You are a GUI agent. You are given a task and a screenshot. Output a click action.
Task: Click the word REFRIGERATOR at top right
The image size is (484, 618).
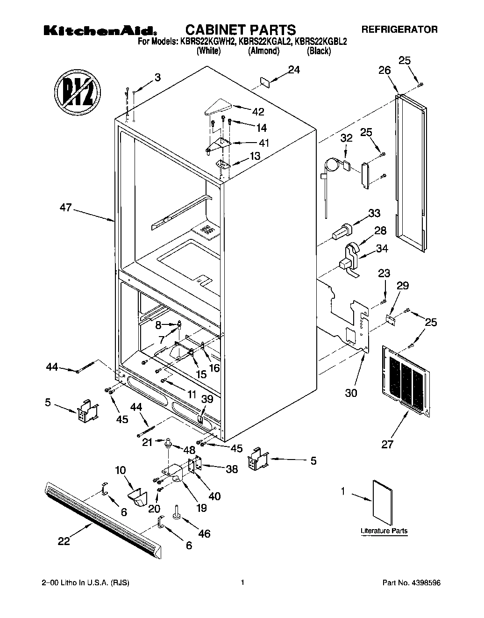coord(399,29)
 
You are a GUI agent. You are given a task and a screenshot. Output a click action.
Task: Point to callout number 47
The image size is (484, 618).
coord(65,207)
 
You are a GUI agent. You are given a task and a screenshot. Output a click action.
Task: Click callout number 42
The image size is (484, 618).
coord(257,112)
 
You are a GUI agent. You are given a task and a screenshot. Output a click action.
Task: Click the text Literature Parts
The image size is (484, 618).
coord(384,531)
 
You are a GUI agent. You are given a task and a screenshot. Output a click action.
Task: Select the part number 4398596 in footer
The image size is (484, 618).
coord(426,583)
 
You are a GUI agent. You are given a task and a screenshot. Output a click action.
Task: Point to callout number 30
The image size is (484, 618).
coord(351,393)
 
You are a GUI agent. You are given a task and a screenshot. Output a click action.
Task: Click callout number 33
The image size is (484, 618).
coord(374,214)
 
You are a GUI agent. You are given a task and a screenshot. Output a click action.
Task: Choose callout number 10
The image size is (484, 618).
coord(120,470)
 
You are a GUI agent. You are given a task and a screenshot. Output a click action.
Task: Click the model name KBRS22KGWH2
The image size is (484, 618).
coord(205,41)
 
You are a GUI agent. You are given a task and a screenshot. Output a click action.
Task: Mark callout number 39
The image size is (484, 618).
coord(206,398)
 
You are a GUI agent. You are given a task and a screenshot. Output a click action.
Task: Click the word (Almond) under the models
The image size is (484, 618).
coord(263,51)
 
